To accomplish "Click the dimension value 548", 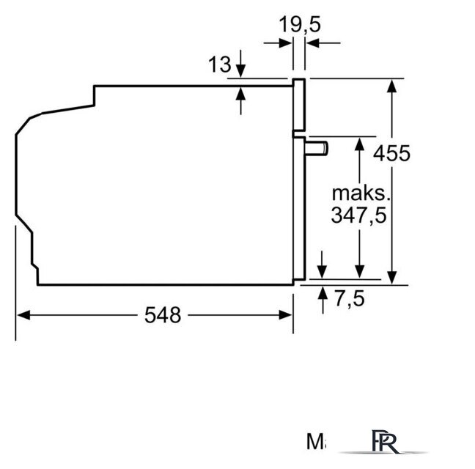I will [162, 315].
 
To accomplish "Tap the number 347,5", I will [358, 215].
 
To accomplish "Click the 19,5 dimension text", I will [300, 24].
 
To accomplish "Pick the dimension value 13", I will [219, 65].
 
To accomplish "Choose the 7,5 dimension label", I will [349, 298].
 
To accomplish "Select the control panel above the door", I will [298, 106].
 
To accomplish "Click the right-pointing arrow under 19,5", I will [286, 44].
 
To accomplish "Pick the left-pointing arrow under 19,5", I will [312, 44].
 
